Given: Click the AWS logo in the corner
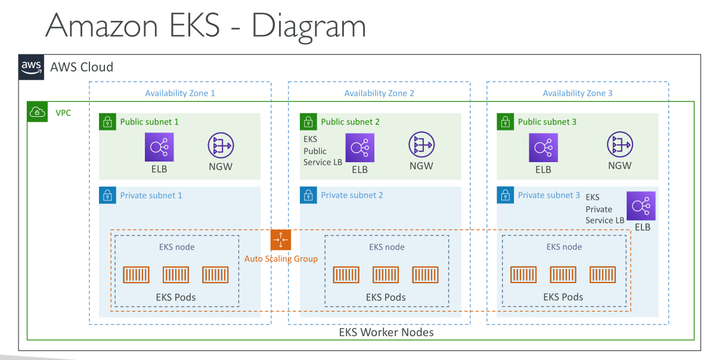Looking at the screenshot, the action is (31, 67).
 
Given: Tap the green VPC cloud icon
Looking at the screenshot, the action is (38, 112).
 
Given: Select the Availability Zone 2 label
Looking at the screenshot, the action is (379, 93).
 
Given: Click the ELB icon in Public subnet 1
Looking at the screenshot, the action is (159, 147).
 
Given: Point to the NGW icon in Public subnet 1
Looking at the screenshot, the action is (221, 145).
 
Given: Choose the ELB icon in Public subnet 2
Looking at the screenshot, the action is (360, 148).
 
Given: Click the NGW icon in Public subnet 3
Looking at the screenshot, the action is (620, 144).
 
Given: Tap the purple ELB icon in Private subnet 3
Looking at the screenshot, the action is (641, 206).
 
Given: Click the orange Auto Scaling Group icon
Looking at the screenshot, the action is (281, 240).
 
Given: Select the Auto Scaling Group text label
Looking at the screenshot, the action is (281, 259).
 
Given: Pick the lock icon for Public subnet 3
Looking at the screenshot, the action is (506, 122).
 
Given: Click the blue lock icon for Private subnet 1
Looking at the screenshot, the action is (108, 195).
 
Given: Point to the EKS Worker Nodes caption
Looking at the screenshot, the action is (386, 332).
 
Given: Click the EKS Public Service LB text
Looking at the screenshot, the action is (323, 151).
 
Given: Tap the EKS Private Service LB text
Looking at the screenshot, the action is (605, 209).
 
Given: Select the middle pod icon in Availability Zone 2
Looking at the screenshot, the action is (386, 275).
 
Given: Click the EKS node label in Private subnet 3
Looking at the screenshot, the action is (564, 247).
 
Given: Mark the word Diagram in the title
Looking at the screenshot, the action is (309, 26).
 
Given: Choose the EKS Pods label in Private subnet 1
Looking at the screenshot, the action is (176, 297).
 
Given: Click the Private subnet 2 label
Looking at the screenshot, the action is (352, 195).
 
